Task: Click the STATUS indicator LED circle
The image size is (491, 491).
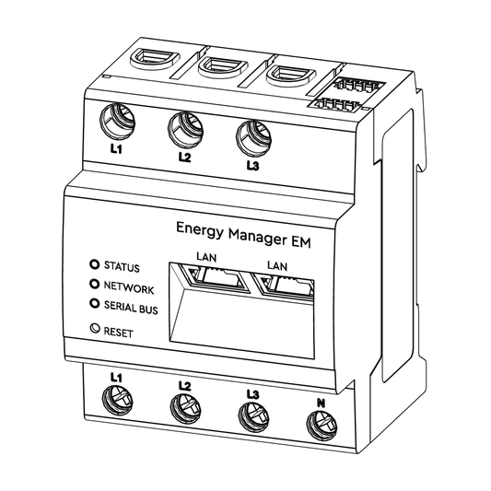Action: pyautogui.click(x=94, y=264)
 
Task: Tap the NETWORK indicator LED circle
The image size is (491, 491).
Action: pyautogui.click(x=94, y=284)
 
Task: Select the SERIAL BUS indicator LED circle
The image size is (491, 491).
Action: pyautogui.click(x=94, y=303)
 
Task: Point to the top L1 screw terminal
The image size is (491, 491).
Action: pyautogui.click(x=117, y=123)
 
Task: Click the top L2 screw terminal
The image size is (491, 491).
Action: pyautogui.click(x=186, y=130)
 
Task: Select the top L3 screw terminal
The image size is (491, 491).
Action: pyautogui.click(x=253, y=138)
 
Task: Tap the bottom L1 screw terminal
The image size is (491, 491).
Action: pyautogui.click(x=117, y=400)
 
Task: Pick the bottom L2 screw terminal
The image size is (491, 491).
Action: pyautogui.click(x=185, y=408)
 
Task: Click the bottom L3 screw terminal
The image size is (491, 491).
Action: pyautogui.click(x=253, y=416)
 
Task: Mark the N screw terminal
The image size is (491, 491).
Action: pyautogui.click(x=321, y=425)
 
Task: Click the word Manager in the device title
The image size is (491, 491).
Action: pyautogui.click(x=257, y=236)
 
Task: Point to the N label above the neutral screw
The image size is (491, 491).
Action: pyautogui.click(x=321, y=403)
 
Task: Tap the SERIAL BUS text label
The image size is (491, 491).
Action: pyautogui.click(x=131, y=308)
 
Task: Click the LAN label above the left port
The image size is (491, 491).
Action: pyautogui.click(x=206, y=257)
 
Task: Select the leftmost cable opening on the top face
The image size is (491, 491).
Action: pyautogui.click(x=155, y=58)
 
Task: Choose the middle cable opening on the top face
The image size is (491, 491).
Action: pyautogui.click(x=223, y=66)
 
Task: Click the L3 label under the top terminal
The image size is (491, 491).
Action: pyautogui.click(x=252, y=166)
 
